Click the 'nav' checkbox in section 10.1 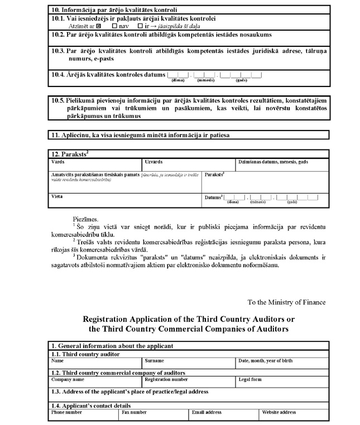(115, 26)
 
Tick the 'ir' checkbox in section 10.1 (140, 26)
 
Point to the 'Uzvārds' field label (153, 162)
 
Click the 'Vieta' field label (57, 197)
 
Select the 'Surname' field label (153, 361)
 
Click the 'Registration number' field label (166, 379)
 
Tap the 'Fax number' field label (134, 412)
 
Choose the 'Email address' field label (206, 412)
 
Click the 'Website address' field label (279, 412)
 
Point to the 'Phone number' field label (67, 412)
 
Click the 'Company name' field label (68, 379)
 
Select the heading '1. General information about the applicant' (112, 346)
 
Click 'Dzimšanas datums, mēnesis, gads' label (273, 162)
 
